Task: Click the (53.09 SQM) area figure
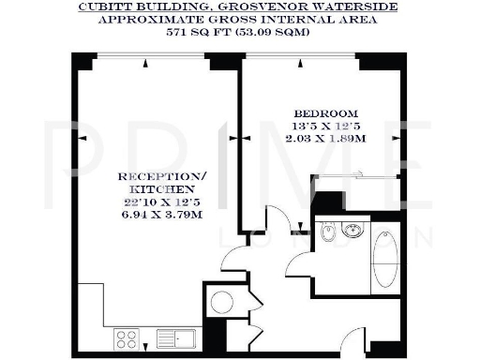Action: click(x=271, y=31)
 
